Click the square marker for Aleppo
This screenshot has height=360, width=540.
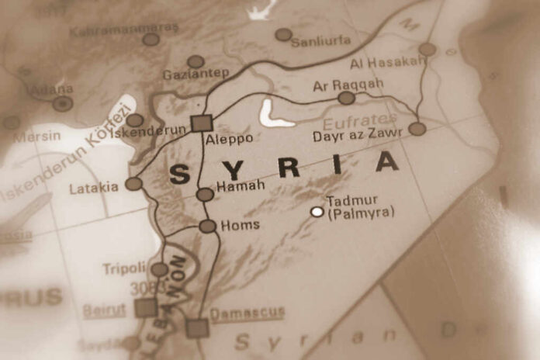coord(201,123)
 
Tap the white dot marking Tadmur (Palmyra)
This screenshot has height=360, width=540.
coord(317,211)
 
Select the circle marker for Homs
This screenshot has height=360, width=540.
coord(207,227)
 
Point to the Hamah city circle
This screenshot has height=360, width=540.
coord(204,194)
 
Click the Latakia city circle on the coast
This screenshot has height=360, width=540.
coord(133,184)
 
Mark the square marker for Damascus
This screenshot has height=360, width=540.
coord(197,328)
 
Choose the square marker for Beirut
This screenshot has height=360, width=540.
coord(145,308)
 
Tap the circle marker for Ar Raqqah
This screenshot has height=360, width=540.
coord(346,98)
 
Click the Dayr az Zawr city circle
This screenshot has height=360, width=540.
coord(417,129)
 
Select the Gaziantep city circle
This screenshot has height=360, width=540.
coord(196,61)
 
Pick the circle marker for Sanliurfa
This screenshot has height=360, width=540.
coord(284,35)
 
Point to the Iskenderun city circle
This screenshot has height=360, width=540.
coord(135,120)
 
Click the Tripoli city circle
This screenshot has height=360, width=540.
coord(158,269)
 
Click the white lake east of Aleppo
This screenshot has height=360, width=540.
coord(272,114)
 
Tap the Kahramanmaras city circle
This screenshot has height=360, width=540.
coord(151,39)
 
